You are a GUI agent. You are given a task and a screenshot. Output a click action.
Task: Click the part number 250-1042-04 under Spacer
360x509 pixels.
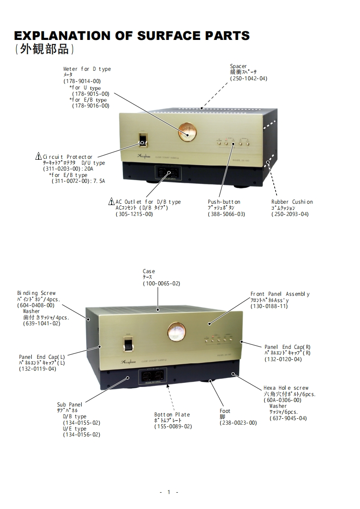tap(248, 78)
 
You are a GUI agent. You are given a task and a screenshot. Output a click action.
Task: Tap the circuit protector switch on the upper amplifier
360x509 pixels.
tap(143, 139)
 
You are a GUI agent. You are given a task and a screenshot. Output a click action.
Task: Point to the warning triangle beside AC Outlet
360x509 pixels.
tap(111, 201)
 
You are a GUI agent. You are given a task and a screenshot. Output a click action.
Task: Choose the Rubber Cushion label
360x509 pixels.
tap(292, 202)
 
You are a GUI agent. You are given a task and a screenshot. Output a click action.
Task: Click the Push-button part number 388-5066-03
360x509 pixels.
tap(226, 214)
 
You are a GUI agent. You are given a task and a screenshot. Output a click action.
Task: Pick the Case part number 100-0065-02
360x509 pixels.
tap(161, 284)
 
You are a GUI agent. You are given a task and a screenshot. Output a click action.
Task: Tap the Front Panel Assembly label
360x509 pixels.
tap(280, 294)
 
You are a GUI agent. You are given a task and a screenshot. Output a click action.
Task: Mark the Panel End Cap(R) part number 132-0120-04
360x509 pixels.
tap(283, 359)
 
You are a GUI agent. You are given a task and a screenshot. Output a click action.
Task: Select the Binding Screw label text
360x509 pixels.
tap(36, 293)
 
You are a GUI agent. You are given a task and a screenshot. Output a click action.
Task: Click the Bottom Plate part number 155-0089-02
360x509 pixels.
tap(173, 426)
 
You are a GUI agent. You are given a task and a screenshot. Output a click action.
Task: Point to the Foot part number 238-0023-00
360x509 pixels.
tap(238, 423)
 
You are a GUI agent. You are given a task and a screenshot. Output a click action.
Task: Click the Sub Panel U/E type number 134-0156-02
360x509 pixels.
tap(81, 435)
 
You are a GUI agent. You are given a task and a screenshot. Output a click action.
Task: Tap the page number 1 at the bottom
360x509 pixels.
tap(169, 492)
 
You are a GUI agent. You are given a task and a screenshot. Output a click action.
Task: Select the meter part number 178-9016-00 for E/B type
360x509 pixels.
tap(90, 106)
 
